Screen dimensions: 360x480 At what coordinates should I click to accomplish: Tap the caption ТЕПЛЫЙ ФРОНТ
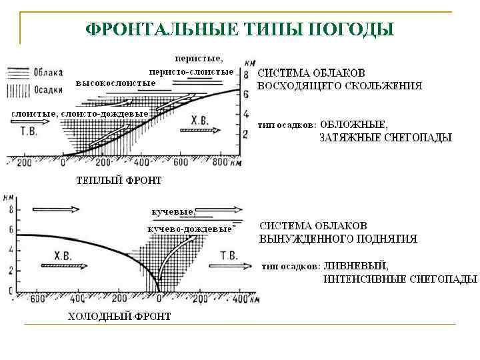[119, 180]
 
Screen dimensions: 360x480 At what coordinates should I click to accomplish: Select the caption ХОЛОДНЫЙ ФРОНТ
[119, 316]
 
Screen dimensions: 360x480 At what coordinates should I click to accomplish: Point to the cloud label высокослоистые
[115, 82]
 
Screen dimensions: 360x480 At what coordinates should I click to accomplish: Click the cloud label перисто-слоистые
[191, 71]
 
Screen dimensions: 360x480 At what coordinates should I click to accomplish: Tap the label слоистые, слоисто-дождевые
[79, 113]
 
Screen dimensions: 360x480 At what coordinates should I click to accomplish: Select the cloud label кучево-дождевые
[189, 229]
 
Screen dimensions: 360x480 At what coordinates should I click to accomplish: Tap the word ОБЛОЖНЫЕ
[353, 125]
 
